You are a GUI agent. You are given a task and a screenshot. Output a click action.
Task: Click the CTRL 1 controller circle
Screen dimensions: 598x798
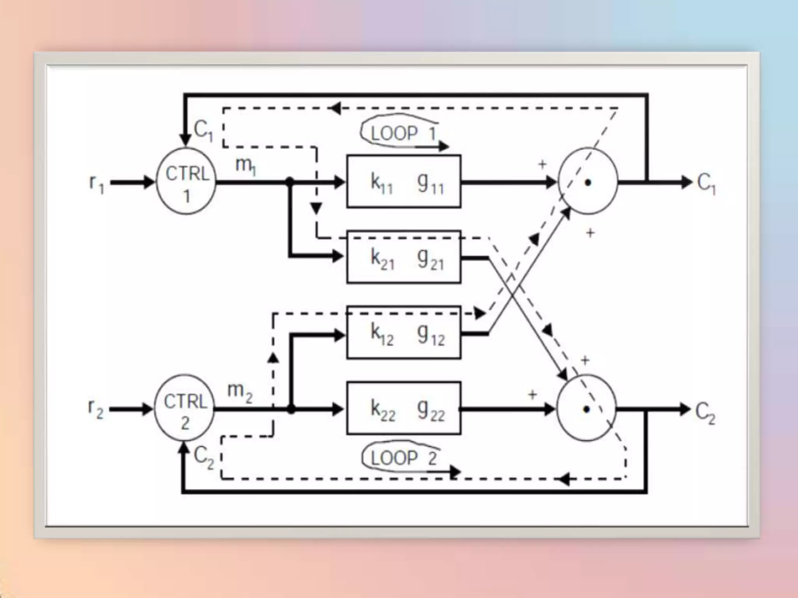186,181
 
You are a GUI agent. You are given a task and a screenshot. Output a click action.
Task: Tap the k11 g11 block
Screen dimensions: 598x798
404,181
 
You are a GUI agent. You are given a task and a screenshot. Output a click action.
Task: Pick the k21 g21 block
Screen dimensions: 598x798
404,257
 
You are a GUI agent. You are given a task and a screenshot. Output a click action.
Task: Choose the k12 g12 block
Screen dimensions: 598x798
404,333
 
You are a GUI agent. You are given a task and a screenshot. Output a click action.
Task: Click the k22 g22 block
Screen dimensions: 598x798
404,408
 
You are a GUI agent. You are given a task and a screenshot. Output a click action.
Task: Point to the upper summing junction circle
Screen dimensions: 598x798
588,181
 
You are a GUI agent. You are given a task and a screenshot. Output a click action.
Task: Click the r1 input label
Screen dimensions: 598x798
97,183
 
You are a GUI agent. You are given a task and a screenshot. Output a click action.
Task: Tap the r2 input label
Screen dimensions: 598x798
96,410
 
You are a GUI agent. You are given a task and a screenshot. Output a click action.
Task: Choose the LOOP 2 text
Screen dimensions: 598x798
403,458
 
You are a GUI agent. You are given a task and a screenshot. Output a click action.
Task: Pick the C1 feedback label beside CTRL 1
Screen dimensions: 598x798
203,129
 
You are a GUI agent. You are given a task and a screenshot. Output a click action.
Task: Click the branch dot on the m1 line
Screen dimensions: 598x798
290,181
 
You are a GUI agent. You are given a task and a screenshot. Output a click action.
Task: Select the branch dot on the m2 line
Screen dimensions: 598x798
291,409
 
